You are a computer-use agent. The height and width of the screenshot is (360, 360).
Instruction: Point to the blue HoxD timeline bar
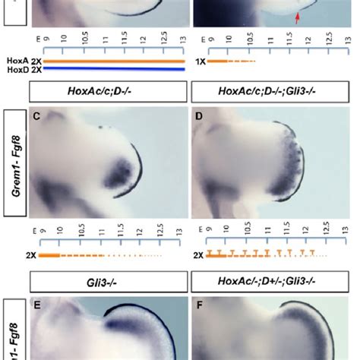click(110, 69)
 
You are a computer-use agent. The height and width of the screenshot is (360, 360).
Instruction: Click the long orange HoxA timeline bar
click(110, 61)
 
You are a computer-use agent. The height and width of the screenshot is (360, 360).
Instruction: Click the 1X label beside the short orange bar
click(199, 61)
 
